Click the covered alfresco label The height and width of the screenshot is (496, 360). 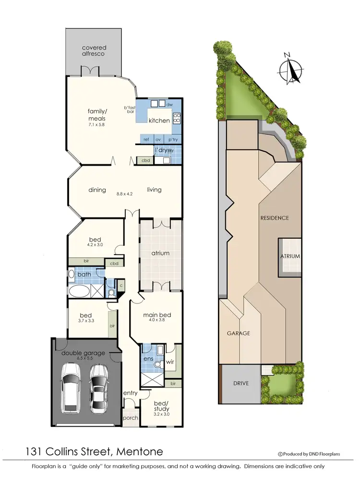click(x=94, y=50)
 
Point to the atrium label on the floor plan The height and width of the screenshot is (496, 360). click(x=160, y=253)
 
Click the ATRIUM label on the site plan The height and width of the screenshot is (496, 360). click(x=290, y=256)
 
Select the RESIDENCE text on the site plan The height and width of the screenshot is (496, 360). click(x=275, y=218)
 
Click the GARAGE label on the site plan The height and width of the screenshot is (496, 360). click(x=239, y=333)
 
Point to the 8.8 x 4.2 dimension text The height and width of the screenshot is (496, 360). click(x=124, y=194)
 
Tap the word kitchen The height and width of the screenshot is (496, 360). click(x=159, y=121)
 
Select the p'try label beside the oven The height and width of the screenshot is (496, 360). click(x=173, y=139)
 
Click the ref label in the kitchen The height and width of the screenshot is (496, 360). click(x=145, y=139)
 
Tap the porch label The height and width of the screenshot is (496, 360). click(x=130, y=418)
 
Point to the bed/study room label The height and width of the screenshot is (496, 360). click(x=161, y=406)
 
